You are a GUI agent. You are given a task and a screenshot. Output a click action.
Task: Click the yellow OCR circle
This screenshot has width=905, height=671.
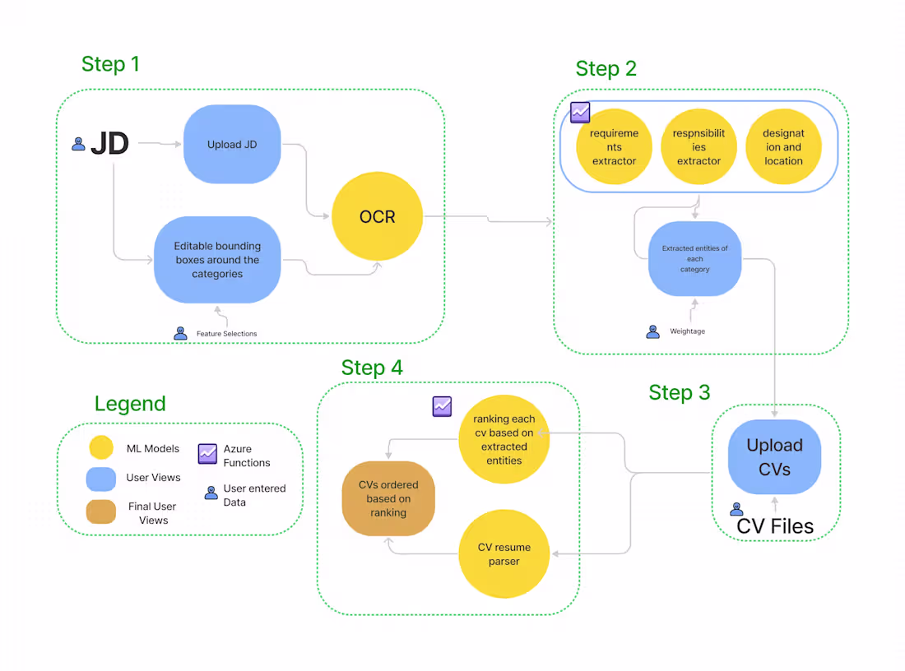pos(377,217)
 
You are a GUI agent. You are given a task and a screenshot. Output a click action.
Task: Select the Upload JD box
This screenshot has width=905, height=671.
pos(232,144)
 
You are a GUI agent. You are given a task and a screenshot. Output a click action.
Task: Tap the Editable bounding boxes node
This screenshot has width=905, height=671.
pos(217,260)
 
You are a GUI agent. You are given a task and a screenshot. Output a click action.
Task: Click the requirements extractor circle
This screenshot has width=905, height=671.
pos(614,147)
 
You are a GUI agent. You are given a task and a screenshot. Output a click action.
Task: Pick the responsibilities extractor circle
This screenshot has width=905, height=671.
pos(698,147)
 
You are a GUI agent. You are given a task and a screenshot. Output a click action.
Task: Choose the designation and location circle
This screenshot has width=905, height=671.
pos(783,147)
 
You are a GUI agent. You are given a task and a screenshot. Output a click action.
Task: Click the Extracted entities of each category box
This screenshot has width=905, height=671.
pos(694,258)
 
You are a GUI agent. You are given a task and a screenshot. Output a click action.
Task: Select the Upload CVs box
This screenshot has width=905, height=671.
pos(774,457)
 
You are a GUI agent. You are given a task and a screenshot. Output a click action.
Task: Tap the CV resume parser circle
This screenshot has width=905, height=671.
pos(504,554)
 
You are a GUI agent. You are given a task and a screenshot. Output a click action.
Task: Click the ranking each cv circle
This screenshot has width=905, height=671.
pos(504,440)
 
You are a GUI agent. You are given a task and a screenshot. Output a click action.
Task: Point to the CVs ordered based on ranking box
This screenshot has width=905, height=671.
pos(388,498)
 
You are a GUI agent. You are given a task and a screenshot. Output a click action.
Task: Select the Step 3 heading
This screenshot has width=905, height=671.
pos(679,392)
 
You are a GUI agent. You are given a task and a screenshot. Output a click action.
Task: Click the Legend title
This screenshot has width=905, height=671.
pos(130,404)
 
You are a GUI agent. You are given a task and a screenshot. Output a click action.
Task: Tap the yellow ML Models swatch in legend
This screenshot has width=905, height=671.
pos(100,448)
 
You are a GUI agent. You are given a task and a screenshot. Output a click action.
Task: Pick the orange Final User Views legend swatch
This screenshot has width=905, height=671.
pos(100,511)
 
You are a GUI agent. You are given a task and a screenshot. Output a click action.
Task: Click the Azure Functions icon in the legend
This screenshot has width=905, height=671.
pos(207,453)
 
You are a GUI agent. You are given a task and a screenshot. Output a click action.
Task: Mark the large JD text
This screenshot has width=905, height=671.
pos(109,144)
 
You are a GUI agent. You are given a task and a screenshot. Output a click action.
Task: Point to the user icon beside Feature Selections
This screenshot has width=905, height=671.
pos(180,333)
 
